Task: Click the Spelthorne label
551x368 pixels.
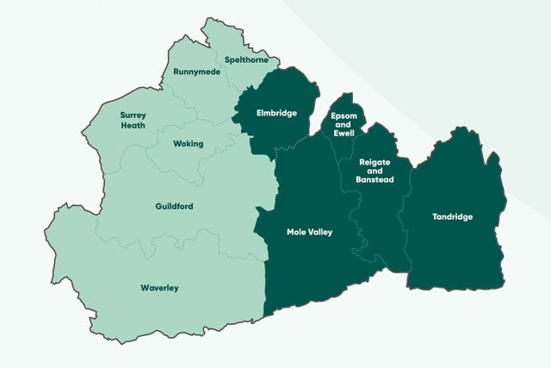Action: (x=246, y=59)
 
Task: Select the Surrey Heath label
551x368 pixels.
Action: (x=133, y=120)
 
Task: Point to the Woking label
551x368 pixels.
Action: (x=188, y=144)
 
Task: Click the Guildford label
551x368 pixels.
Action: (x=174, y=206)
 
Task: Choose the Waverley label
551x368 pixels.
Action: (x=159, y=288)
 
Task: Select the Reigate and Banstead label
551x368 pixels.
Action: (x=376, y=171)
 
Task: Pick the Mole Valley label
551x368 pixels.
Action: (x=309, y=232)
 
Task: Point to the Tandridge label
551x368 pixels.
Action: (x=452, y=216)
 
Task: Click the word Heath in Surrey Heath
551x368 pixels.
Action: (x=133, y=126)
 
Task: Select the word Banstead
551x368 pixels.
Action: (x=376, y=180)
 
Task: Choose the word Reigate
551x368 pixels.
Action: (x=376, y=161)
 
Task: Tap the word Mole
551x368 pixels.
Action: (x=296, y=232)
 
